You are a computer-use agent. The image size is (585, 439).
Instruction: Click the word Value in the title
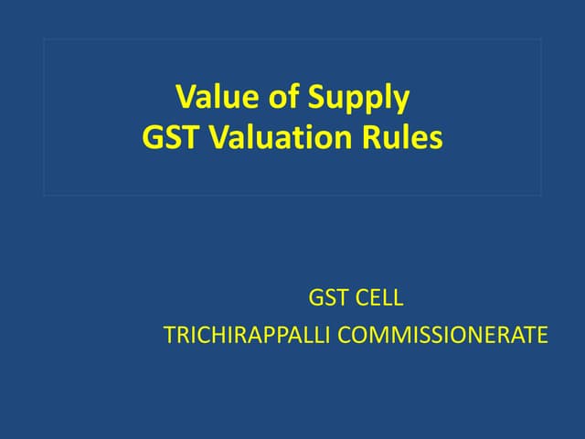[x=209, y=96]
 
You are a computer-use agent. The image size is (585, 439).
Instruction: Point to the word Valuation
[x=278, y=137]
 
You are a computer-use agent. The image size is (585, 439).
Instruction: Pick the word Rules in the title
[x=407, y=137]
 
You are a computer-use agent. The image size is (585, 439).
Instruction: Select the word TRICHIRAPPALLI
[x=248, y=336]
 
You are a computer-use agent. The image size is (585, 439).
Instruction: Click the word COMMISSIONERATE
[x=444, y=336]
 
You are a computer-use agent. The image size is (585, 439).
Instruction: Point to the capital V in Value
[x=185, y=96]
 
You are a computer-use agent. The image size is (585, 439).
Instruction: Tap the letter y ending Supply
[x=401, y=101]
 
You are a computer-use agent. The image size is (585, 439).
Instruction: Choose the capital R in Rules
[x=379, y=137]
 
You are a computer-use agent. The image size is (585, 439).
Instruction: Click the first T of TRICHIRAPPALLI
[x=168, y=336]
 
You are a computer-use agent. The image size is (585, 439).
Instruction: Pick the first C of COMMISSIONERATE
[x=346, y=336]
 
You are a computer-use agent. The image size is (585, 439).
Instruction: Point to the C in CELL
[x=362, y=298]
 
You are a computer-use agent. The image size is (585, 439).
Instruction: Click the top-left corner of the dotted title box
[x=44, y=38]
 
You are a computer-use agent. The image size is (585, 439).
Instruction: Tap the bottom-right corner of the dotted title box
[x=540, y=195]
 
